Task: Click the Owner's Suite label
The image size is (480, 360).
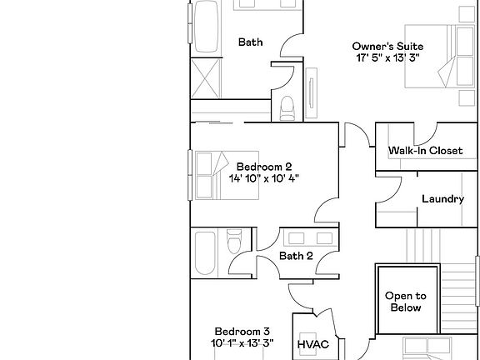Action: coord(387,46)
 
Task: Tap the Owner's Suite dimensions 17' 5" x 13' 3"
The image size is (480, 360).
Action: coord(387,58)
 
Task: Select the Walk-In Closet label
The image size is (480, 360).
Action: coord(425,151)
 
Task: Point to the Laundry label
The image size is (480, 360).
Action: coord(442,199)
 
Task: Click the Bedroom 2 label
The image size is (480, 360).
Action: coord(263,166)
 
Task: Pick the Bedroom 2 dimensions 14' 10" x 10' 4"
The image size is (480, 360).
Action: coord(263,178)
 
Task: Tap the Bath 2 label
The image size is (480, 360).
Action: coord(296,256)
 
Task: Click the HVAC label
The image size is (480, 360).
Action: coord(312,343)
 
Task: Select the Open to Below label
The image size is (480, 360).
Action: coord(405,302)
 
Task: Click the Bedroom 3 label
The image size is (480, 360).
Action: coord(242,331)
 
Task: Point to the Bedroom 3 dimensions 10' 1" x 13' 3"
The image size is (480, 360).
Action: coord(242,343)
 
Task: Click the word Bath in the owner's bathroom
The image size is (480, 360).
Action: coord(251,42)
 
